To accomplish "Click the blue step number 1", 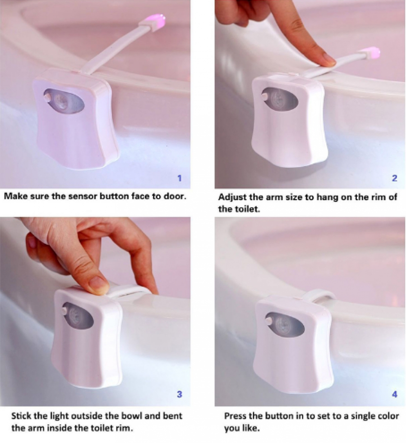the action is point(179,178).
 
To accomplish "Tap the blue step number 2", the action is point(394,178).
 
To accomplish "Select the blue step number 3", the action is point(179,394).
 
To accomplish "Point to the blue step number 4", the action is point(395,394).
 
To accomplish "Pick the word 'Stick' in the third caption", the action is point(21,416).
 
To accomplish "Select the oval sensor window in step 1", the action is point(64,101).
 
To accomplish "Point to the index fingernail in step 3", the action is point(99,283).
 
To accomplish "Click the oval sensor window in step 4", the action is point(285,324).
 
